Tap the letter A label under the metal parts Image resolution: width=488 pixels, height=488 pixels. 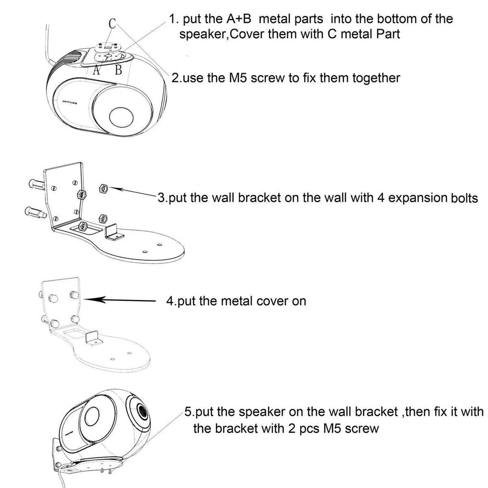97,70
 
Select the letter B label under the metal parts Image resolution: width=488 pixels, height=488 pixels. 119,70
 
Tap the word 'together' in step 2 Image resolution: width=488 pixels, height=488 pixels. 376,77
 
